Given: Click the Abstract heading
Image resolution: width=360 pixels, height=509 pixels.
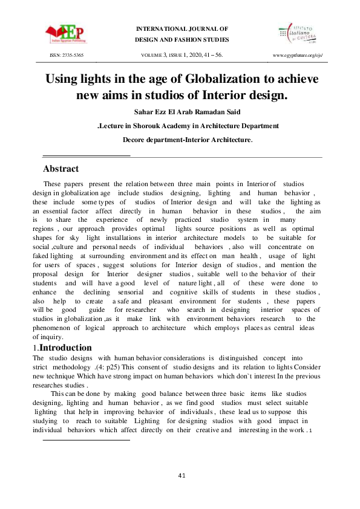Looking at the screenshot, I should pos(61,169).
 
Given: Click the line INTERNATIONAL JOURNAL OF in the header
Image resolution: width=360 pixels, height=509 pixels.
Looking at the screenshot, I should pos(182,28).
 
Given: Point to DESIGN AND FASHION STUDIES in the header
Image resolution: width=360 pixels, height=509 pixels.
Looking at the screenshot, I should pos(182,40).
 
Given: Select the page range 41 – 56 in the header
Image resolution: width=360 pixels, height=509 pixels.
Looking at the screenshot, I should pos(212,55).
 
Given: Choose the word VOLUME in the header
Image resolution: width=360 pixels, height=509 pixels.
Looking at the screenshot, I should pos(152,55).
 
